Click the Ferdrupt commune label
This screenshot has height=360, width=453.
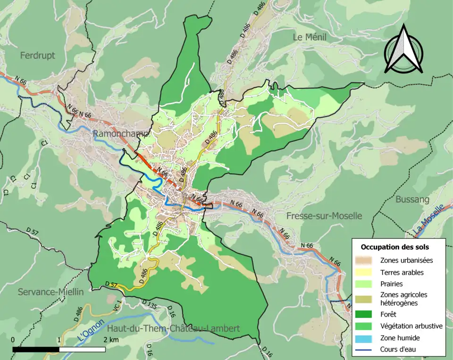pyautogui.click(x=37, y=55)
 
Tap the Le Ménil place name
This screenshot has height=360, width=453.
pyautogui.click(x=310, y=37)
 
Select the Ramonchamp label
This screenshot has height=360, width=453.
pyautogui.click(x=121, y=134)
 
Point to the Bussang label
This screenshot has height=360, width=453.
pyautogui.click(x=412, y=199)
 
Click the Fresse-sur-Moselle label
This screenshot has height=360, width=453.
pyautogui.click(x=324, y=216)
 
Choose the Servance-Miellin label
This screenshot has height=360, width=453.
pyautogui.click(x=50, y=292)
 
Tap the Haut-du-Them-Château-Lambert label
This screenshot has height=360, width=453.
pyautogui.click(x=173, y=328)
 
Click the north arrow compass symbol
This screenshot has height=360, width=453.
pyautogui.click(x=403, y=50)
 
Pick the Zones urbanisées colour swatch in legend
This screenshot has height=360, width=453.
pyautogui.click(x=367, y=260)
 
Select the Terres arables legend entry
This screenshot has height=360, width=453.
pyautogui.click(x=402, y=272)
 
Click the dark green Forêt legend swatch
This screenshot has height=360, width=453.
pyautogui.click(x=367, y=313)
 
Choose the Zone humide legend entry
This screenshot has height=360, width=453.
pyautogui.click(x=400, y=338)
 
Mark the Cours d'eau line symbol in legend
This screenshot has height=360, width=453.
pyautogui.click(x=367, y=350)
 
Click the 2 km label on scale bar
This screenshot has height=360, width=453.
pyautogui.click(x=112, y=340)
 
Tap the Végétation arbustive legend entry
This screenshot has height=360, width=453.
pyautogui.click(x=411, y=326)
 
